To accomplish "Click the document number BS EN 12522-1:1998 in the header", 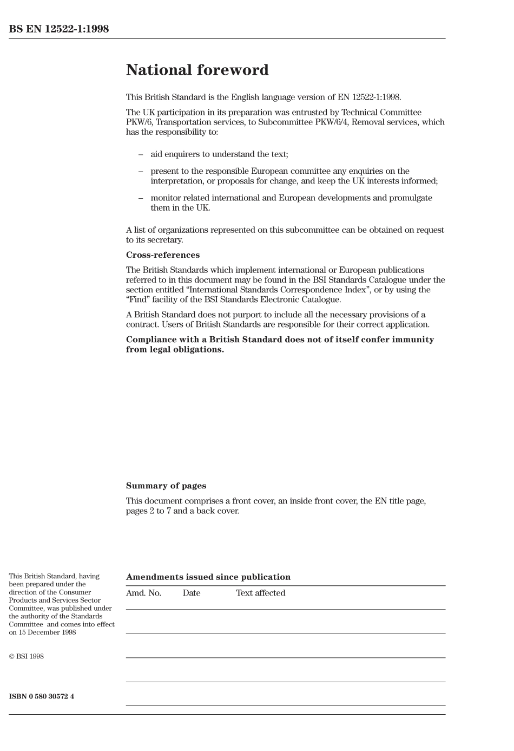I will [59, 29].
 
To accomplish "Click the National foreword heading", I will [197, 70].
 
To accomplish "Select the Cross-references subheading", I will [163, 255].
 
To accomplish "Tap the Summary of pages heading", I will [166, 486].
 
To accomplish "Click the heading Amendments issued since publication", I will [208, 577].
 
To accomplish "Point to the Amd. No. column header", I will [143, 593].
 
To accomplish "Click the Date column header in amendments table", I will [192, 593].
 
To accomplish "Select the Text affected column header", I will [260, 593].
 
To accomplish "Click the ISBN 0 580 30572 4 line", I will [42, 696].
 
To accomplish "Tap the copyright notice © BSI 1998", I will [27, 657].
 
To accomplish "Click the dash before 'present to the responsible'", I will [141, 171].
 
